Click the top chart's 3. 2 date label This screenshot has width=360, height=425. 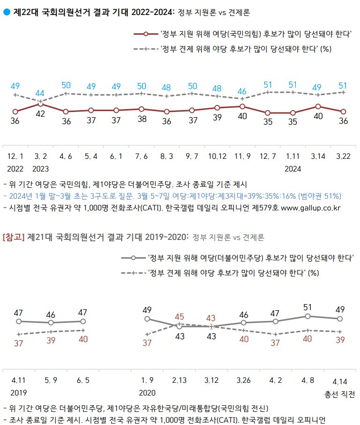(40, 156)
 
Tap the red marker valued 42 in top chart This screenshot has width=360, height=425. (40, 104)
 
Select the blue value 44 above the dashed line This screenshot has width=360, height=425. (40, 93)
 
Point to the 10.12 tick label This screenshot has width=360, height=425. (217, 156)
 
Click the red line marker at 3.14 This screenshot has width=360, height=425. (318, 106)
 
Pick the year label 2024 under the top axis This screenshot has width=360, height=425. (293, 168)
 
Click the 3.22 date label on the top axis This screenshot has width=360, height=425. (343, 156)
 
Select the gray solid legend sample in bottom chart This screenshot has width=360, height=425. (133, 258)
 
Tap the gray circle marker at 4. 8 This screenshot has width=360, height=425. (308, 316)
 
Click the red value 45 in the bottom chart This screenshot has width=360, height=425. (179, 317)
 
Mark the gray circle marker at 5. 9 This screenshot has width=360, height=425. (51, 323)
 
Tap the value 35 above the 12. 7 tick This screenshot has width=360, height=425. (268, 121)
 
